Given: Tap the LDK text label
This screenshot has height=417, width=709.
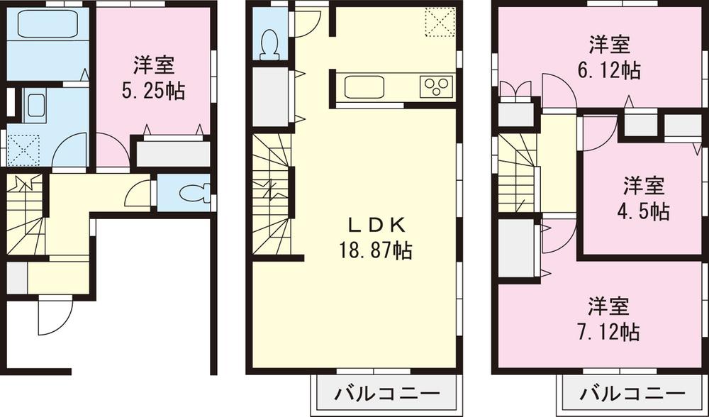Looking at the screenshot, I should (376, 226).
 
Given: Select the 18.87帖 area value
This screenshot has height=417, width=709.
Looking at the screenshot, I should (376, 250).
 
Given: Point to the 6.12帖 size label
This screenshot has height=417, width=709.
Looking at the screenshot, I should (609, 70).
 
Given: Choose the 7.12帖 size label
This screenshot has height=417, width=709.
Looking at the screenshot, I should (608, 331).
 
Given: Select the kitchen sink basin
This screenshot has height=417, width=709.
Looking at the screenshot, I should (364, 87).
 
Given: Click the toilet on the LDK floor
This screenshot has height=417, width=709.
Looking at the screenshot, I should (269, 44).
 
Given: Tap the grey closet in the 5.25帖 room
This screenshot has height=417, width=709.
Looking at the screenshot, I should (172, 154).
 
